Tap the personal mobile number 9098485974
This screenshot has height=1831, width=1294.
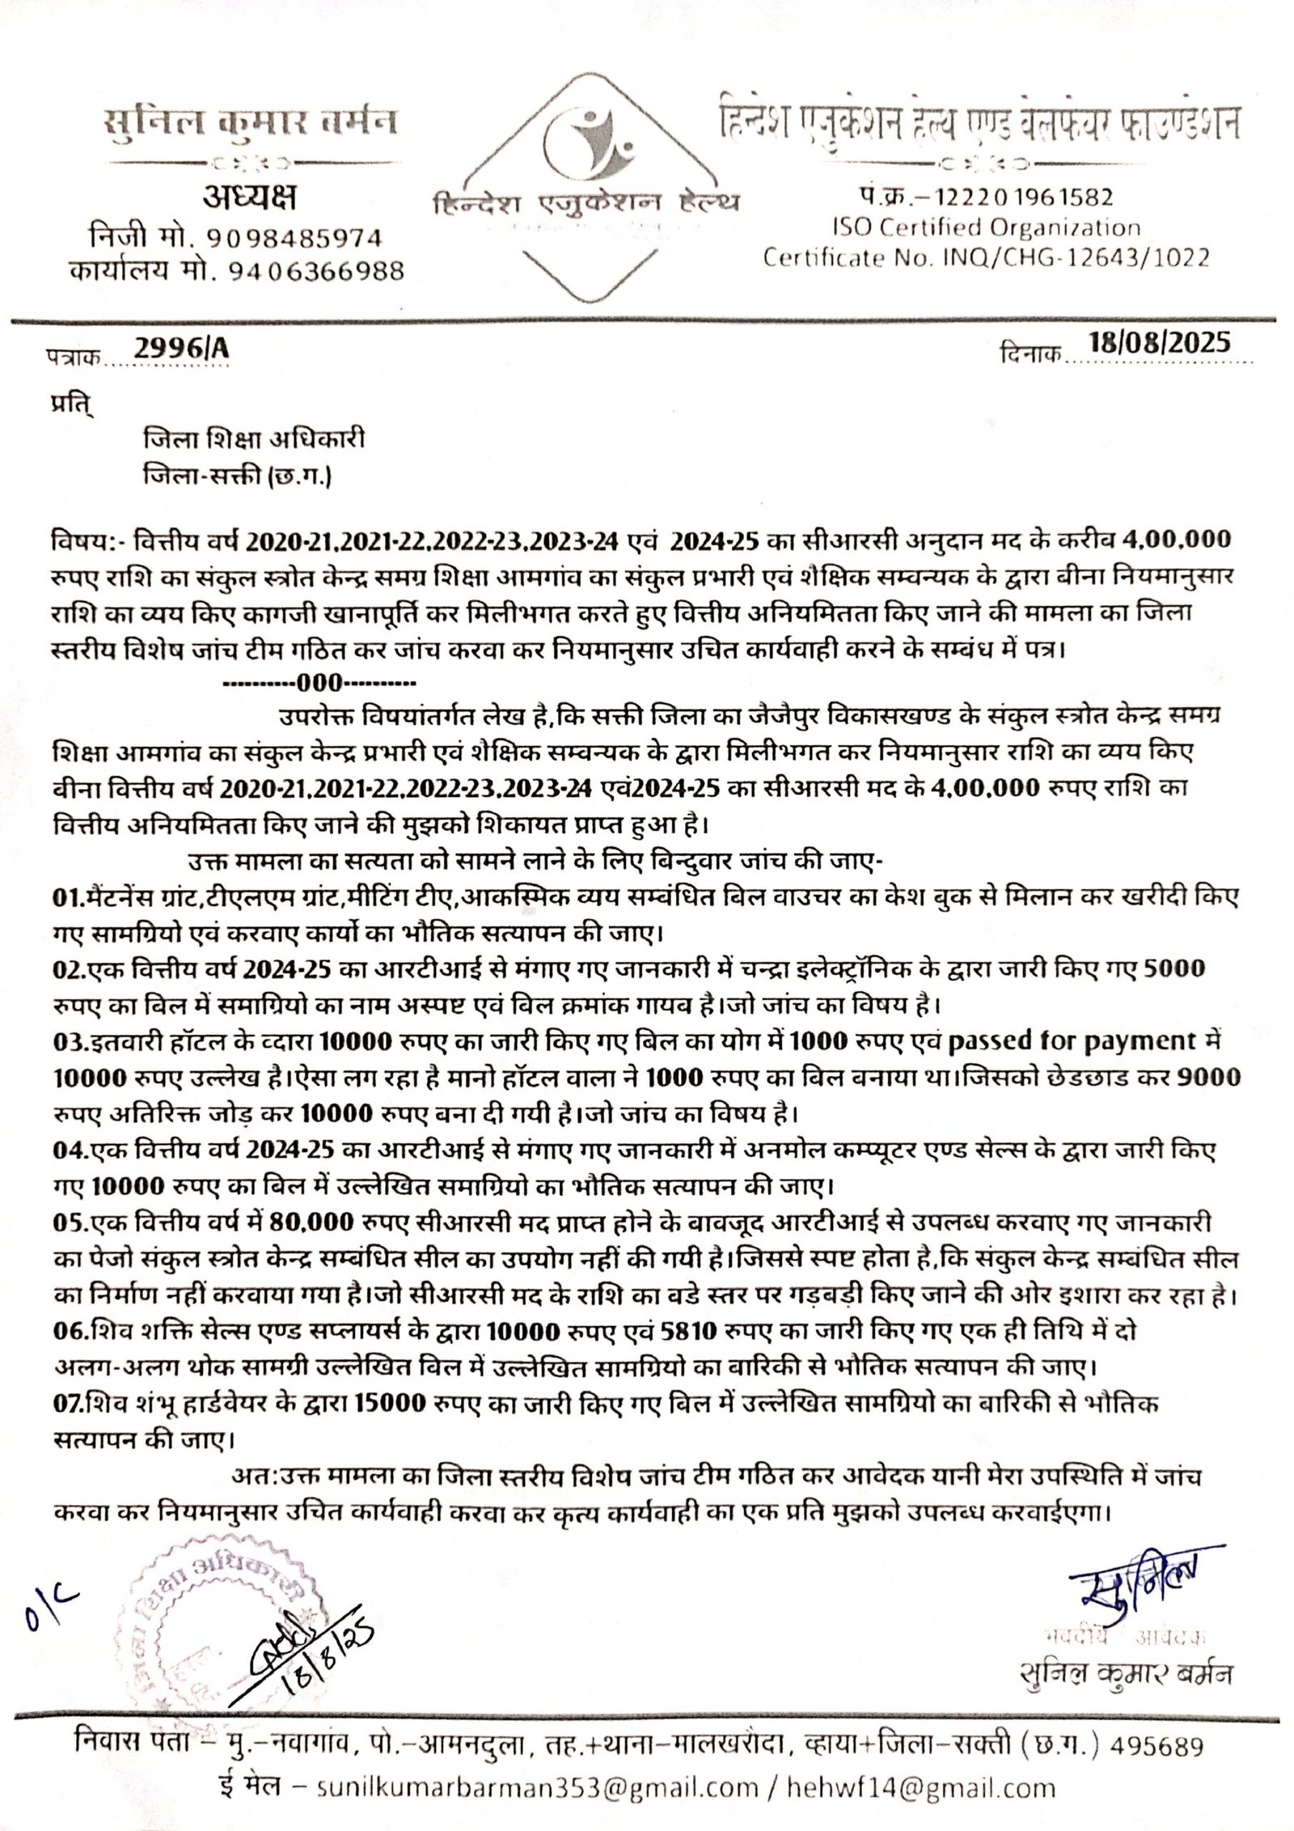(295, 238)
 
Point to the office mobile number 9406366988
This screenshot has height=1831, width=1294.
(306, 270)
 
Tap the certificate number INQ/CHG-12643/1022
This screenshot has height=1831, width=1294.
(1076, 258)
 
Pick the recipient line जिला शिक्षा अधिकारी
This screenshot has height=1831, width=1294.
(254, 439)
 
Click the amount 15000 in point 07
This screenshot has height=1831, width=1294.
(390, 1402)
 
